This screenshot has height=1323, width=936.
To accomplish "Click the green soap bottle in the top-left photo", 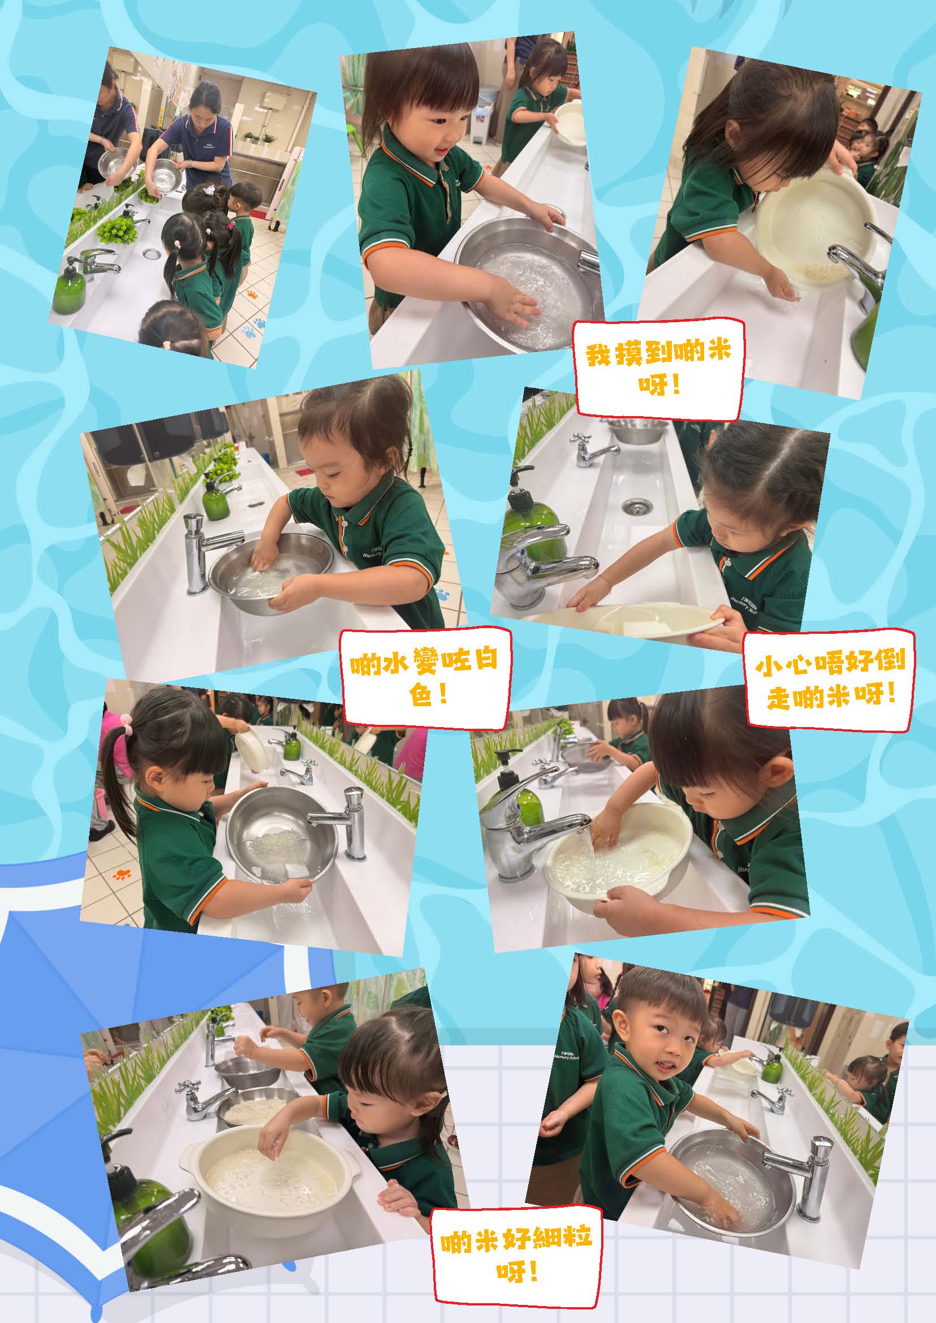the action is click(x=70, y=287).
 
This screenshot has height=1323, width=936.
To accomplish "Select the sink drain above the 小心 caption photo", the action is click(x=636, y=505).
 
